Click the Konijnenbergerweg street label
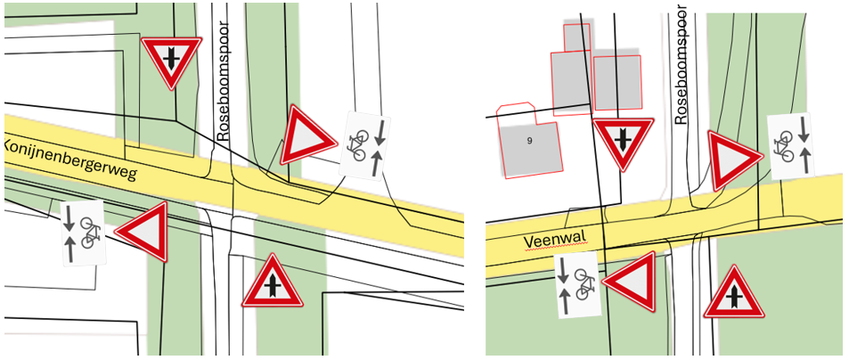click(x=69, y=160)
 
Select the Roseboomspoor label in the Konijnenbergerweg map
click(x=223, y=81)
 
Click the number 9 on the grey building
click(x=529, y=141)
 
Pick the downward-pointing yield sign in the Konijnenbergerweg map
click(x=171, y=62)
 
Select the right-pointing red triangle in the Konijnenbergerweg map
click(x=305, y=135)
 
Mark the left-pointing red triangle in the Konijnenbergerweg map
click(x=143, y=231)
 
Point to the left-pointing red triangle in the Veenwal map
click(x=632, y=282)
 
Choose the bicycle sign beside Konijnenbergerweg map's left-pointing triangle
click(x=82, y=233)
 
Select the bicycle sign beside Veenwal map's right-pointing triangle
click(x=791, y=147)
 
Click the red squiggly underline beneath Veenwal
click(x=556, y=247)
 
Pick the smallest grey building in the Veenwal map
click(x=576, y=37)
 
